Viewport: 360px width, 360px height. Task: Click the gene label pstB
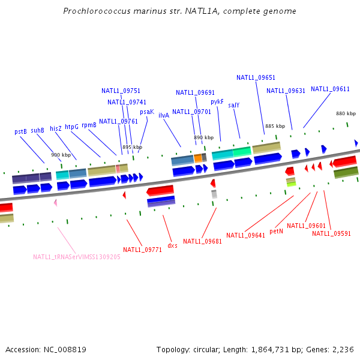[x=20, y=131]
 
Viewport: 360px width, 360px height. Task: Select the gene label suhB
[x=37, y=130]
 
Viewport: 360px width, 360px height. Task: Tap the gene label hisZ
[x=56, y=128]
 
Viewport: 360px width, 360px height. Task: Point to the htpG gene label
[x=72, y=127]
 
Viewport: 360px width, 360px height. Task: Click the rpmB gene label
[x=89, y=125]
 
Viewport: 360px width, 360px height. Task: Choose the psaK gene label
[x=147, y=112]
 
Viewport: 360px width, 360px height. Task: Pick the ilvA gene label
[x=164, y=115]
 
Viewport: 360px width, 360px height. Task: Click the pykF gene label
[x=217, y=102]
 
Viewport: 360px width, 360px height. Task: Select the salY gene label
[x=234, y=105]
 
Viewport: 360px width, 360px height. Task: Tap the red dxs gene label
[x=172, y=245]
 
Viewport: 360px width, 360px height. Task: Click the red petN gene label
[x=276, y=231]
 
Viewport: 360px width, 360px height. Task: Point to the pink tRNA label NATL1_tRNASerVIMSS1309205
[x=77, y=257]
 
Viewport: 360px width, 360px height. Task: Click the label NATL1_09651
[x=256, y=77]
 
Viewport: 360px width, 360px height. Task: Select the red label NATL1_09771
[x=143, y=250]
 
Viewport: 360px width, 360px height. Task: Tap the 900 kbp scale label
[x=61, y=155]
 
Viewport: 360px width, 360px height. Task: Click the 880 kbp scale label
[x=346, y=113]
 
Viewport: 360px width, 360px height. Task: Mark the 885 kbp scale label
[x=275, y=126]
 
